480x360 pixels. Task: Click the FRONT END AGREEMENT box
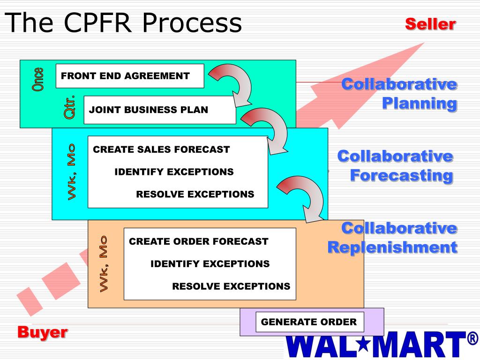tap(130, 76)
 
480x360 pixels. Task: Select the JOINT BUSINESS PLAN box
tap(159, 110)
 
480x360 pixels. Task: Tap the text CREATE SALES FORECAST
tap(161, 150)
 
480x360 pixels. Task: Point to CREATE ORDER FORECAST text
tap(198, 241)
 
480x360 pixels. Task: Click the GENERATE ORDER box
tap(309, 322)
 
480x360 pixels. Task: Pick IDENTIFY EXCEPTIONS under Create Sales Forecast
tap(174, 172)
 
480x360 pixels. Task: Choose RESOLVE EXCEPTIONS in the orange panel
tap(231, 286)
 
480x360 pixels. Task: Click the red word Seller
tap(430, 24)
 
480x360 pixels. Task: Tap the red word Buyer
tap(42, 333)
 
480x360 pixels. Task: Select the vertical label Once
tap(37, 79)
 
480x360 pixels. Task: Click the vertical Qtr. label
tap(69, 106)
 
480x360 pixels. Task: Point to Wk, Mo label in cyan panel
tap(71, 172)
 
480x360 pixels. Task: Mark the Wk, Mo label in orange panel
tap(104, 263)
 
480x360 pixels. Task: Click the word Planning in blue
tap(419, 103)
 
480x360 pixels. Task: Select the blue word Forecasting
tap(402, 176)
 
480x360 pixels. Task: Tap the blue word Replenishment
tap(392, 247)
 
